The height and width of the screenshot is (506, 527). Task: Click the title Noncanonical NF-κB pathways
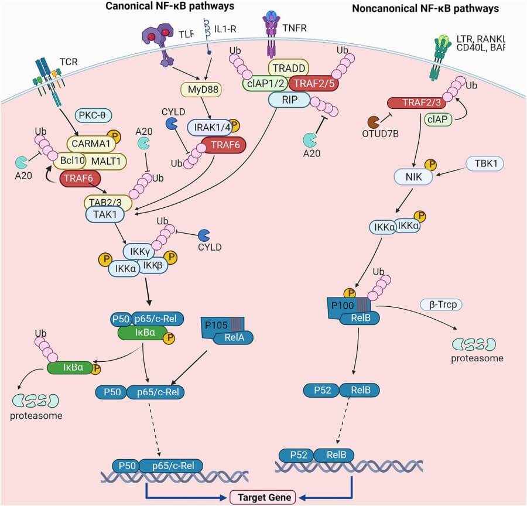click(426, 9)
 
